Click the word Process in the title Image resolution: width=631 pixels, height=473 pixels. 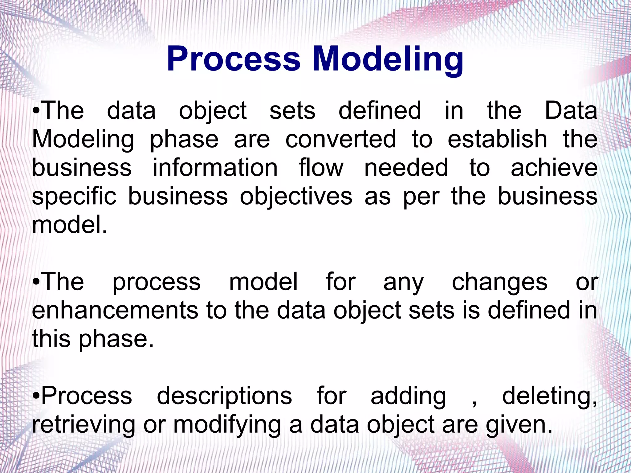pyautogui.click(x=234, y=59)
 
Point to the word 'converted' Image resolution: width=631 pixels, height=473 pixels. pyautogui.click(x=341, y=139)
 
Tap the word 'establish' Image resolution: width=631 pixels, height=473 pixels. pyautogui.click(x=497, y=139)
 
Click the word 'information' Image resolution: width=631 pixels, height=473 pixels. pyautogui.click(x=215, y=168)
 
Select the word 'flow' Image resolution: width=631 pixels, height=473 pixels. pyautogui.click(x=321, y=168)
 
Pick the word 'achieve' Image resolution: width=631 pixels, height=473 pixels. pyautogui.click(x=554, y=168)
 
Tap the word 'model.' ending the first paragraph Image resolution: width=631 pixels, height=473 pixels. pyautogui.click(x=70, y=225)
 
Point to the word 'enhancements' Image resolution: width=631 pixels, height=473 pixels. pyautogui.click(x=115, y=310)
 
